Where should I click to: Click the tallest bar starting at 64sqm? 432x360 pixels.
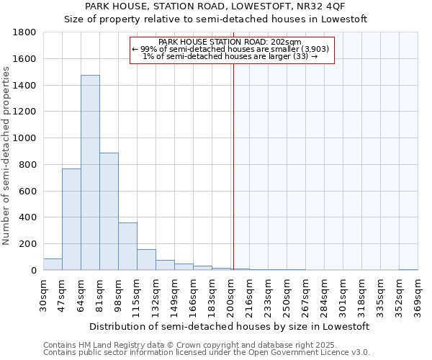click(90, 173)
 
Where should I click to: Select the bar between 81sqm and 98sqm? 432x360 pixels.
click(109, 212)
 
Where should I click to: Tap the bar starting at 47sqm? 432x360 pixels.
click(71, 220)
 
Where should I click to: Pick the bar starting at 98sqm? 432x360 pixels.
click(127, 246)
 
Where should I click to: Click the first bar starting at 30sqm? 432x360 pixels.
click(53, 264)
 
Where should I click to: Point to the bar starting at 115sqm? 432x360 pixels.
click(146, 260)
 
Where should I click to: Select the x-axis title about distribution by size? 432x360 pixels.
click(231, 326)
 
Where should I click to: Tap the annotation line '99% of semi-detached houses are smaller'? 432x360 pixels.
click(231, 49)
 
